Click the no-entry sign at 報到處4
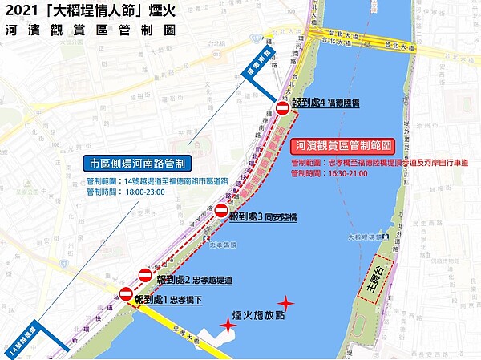click(282, 109)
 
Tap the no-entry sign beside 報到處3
click(221, 210)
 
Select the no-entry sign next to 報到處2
click(145, 274)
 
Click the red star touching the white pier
click(229, 325)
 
